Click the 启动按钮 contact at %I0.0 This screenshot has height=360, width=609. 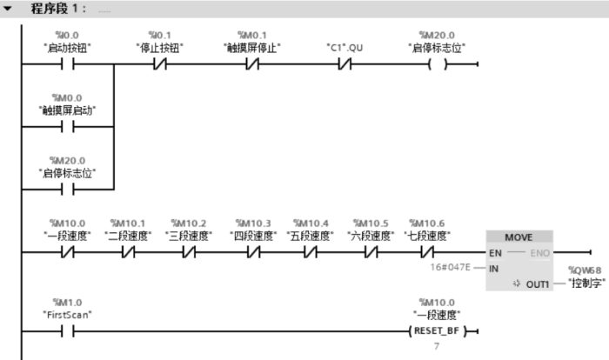(67, 64)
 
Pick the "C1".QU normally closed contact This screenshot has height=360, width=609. (345, 64)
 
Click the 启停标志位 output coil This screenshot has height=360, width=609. (434, 64)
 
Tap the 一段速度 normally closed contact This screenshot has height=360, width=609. (67, 252)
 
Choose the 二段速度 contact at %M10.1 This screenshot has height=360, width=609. (128, 252)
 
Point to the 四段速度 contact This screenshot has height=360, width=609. (251, 252)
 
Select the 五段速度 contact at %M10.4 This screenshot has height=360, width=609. (310, 252)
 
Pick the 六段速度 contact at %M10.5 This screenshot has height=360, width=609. (369, 252)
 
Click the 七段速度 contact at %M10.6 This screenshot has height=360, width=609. (425, 252)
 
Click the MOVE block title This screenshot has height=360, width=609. (519, 237)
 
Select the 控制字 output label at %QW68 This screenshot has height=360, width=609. (586, 283)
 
